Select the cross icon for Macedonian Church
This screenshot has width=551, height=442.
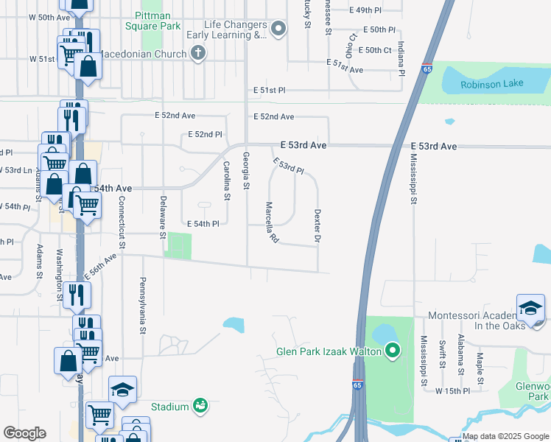[x=197, y=52]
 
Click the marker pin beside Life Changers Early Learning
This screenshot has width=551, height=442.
[x=278, y=29]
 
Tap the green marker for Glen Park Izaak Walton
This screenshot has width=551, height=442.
[x=393, y=351]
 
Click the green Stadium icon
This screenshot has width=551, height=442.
[x=200, y=405]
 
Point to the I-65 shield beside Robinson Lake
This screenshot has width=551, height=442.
[x=427, y=68]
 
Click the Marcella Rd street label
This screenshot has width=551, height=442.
[x=271, y=223]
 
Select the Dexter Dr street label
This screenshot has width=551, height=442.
[x=318, y=227]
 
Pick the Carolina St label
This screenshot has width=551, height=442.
[x=226, y=180]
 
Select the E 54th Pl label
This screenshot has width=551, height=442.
[x=203, y=223]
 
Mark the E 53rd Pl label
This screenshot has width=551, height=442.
[x=288, y=166]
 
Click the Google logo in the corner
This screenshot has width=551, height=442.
[x=24, y=432]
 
